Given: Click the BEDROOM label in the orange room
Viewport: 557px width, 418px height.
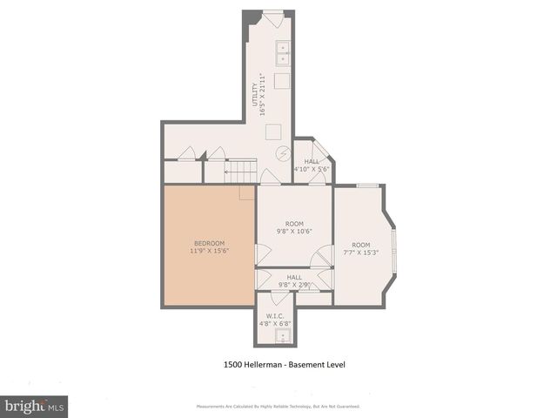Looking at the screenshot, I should [209, 242].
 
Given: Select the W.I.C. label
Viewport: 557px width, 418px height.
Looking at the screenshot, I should [275, 316].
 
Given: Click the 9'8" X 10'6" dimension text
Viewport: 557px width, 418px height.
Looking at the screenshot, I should [293, 231].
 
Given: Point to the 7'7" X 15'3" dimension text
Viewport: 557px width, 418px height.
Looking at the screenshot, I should [361, 253].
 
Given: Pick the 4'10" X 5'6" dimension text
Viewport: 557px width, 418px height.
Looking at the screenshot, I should [312, 169].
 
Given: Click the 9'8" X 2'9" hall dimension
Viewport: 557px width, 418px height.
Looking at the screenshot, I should [293, 284].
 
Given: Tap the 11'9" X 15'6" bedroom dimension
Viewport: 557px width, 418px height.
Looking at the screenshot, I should [209, 251].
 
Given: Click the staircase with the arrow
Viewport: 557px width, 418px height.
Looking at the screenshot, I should [241, 172].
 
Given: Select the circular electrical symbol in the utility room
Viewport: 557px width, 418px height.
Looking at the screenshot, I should [284, 152].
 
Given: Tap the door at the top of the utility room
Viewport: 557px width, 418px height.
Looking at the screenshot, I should [273, 17].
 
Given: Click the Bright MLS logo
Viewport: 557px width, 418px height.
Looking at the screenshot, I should [35, 406].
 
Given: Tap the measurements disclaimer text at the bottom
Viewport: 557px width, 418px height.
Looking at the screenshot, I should [278, 406].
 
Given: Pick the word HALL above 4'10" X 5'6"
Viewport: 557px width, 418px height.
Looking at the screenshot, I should [312, 161].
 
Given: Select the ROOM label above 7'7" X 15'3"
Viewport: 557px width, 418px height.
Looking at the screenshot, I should [361, 245].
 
